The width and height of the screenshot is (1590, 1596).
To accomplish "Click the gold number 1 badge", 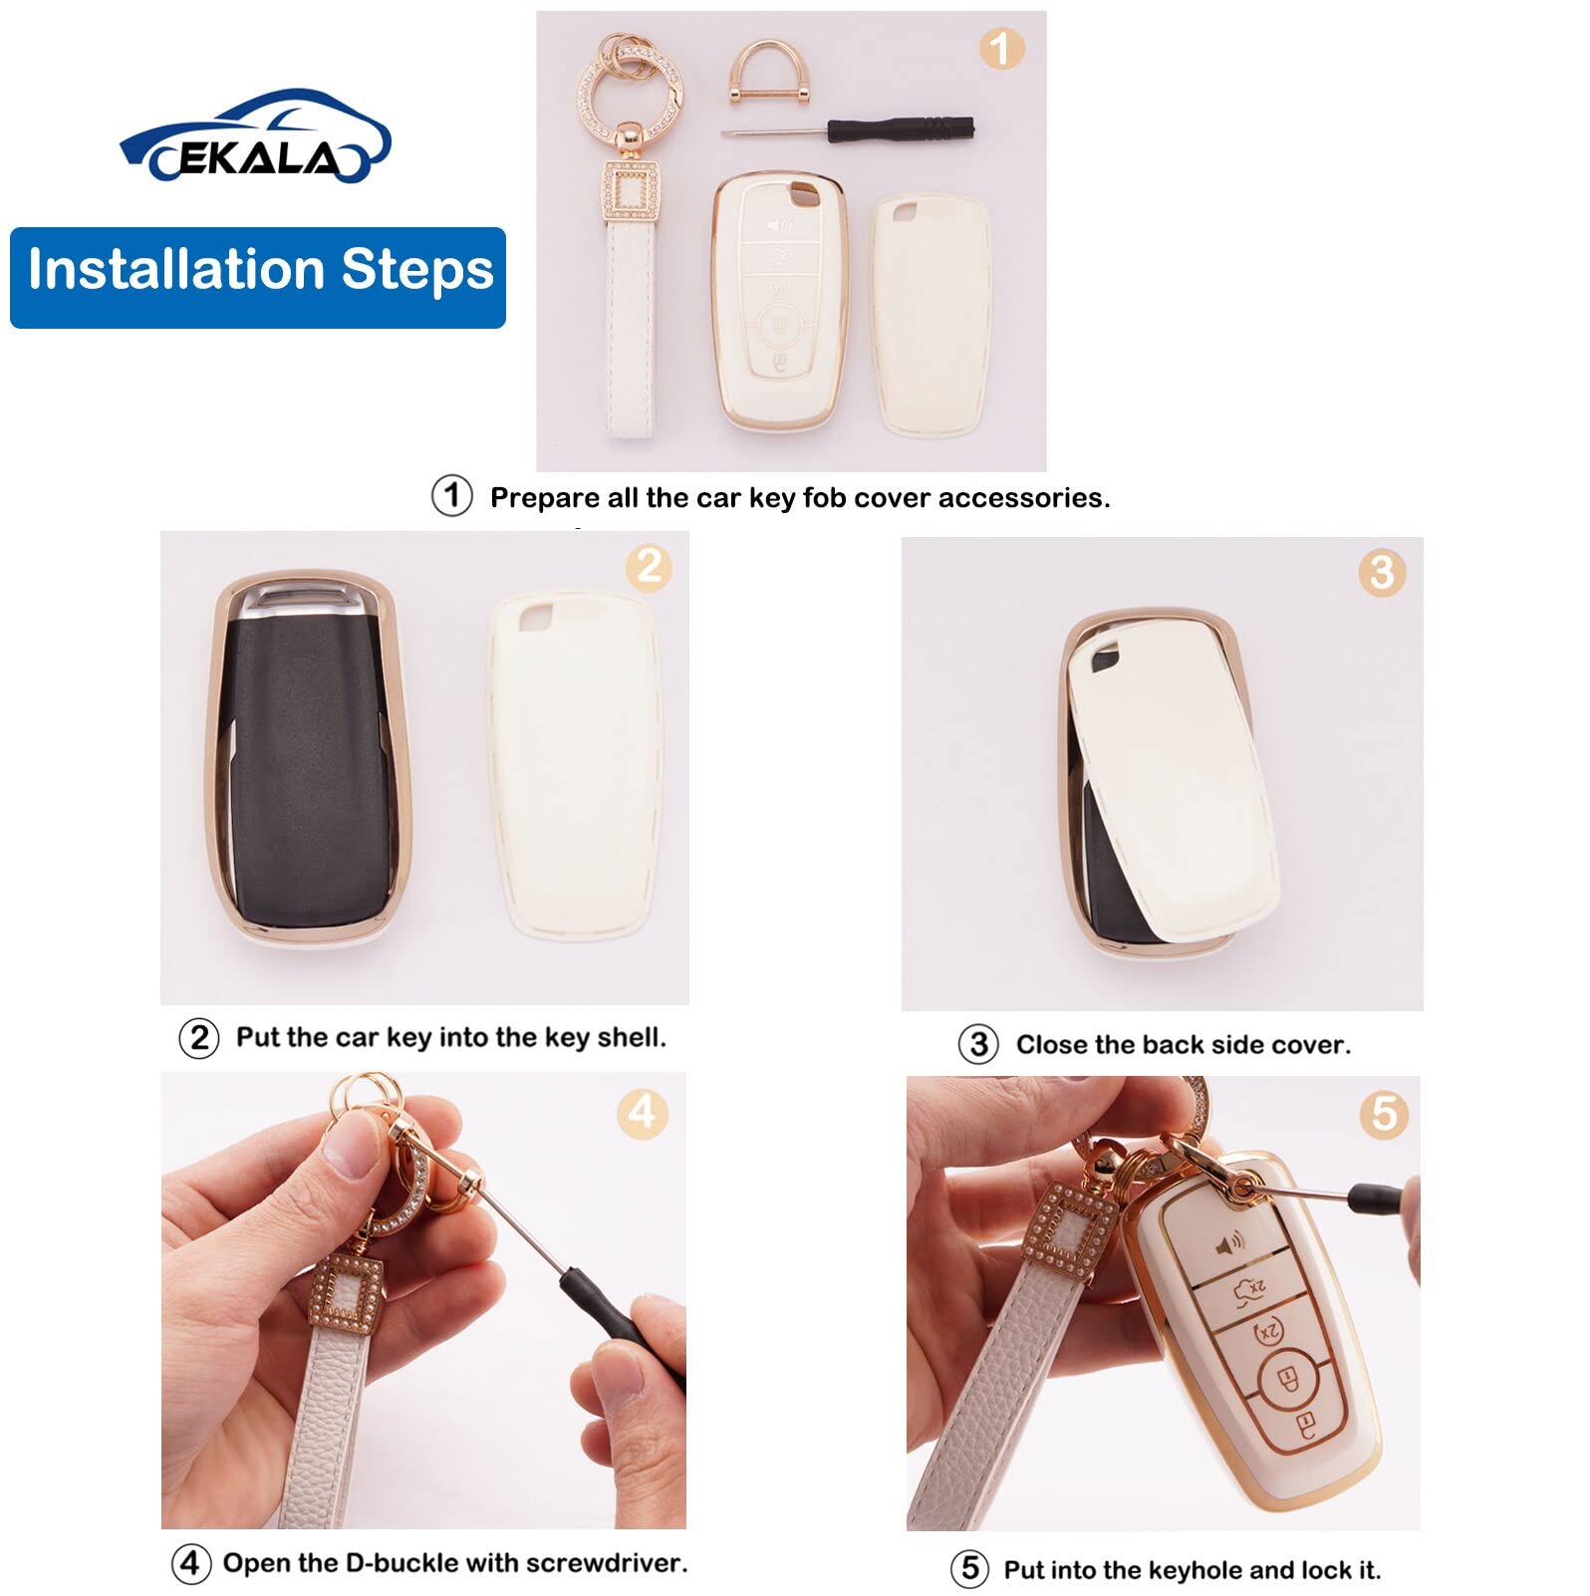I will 1000,48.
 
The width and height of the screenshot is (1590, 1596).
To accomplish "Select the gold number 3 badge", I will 1381,573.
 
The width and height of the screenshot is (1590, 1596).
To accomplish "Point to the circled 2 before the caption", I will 198,1038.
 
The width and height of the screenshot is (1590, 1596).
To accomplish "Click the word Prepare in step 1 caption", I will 544,497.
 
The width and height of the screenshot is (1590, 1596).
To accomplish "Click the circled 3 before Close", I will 977,1045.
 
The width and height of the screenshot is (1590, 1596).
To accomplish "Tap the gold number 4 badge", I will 642,1112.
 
